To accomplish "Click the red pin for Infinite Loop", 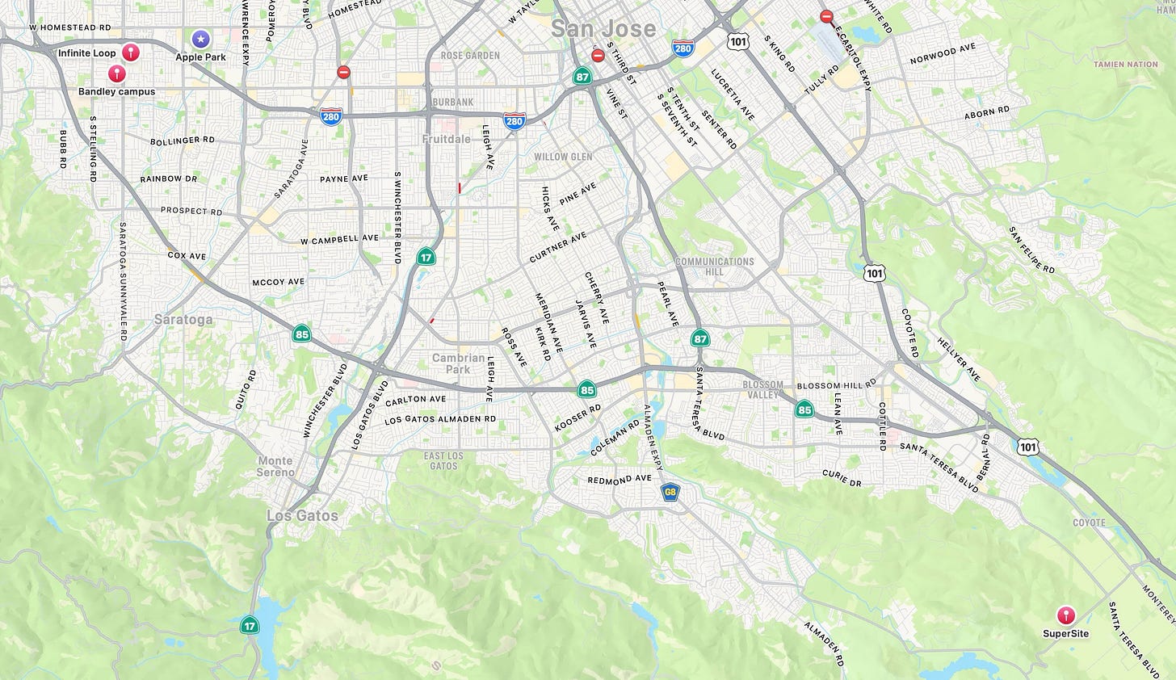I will click(x=131, y=52).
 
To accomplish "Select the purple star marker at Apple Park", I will click(x=201, y=38).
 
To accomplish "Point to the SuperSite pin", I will click(x=1066, y=616).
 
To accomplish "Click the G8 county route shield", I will click(x=670, y=492).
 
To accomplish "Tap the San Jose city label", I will click(x=603, y=29).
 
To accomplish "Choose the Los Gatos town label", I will click(x=303, y=515).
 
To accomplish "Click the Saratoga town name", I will click(x=183, y=319).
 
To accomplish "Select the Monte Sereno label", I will click(x=275, y=466).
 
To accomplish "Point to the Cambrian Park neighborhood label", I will click(x=458, y=363).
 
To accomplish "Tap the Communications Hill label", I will click(x=714, y=267).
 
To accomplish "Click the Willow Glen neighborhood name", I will click(x=563, y=157).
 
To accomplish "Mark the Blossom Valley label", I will click(x=762, y=389).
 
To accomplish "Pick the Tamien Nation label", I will click(x=1125, y=64).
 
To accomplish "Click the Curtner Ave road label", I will click(x=557, y=248).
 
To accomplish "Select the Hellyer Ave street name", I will click(x=959, y=359).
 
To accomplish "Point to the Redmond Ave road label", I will click(x=619, y=480).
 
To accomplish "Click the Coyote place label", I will click(x=1089, y=523).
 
